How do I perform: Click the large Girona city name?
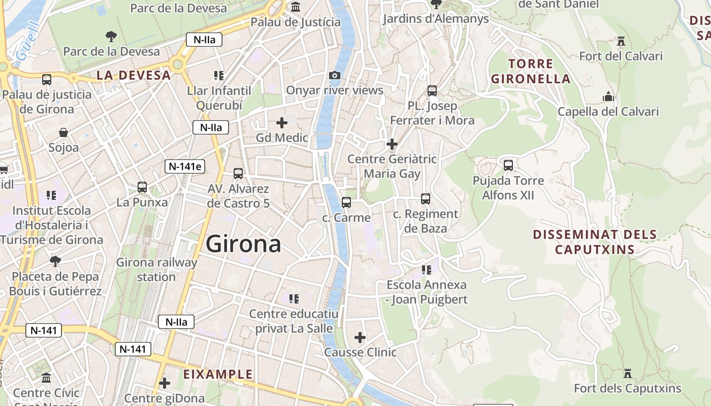pos(243,244)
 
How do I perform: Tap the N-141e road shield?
pos(184,166)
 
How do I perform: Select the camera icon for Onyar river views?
pos(335,75)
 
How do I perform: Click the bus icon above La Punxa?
pos(142,187)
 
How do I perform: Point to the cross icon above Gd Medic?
pos(282,122)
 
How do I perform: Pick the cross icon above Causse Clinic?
pos(360,337)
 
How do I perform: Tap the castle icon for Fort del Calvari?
pos(621,41)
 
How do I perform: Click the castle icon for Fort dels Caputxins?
pos(628,374)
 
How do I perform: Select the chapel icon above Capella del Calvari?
pos(608,96)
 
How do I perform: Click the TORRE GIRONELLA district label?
pos(531,71)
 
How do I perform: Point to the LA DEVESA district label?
pos(134,75)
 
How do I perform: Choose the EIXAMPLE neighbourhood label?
pos(218,375)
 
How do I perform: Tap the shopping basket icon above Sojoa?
pos(63,132)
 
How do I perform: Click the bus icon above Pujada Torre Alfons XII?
pos(508,165)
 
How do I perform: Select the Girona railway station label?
pos(156,269)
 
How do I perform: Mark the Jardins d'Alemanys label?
pos(436,19)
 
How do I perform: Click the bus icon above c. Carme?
pos(346,202)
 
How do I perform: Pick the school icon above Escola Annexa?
pos(426,269)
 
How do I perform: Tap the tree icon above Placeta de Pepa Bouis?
pos(55,261)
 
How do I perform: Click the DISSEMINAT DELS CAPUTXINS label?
pos(595,242)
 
